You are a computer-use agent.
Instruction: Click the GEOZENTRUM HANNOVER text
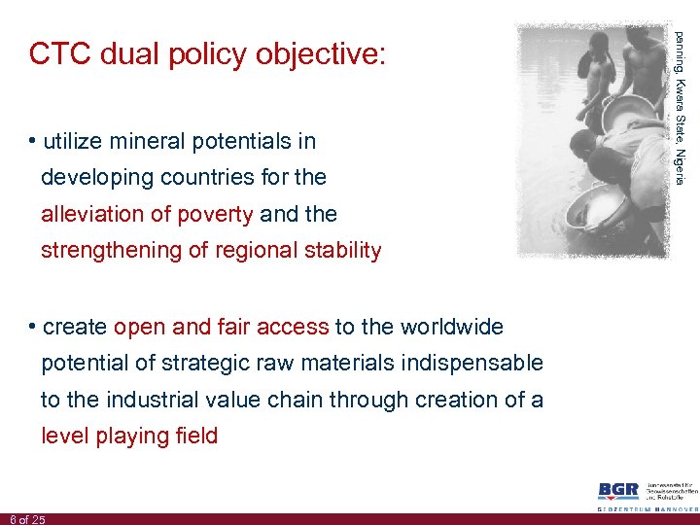click(x=647, y=508)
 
